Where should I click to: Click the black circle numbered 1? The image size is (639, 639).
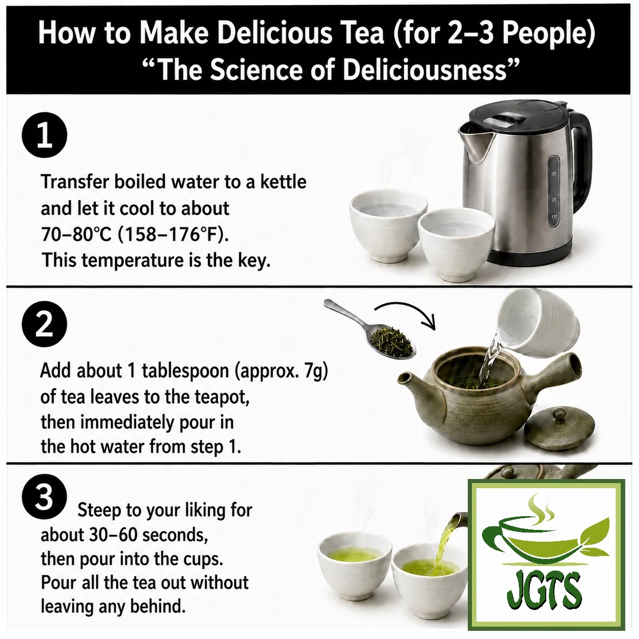[44, 136]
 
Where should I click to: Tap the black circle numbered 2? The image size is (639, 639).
[44, 324]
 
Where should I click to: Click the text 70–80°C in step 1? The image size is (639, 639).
[76, 235]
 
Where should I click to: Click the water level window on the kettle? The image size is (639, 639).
[553, 192]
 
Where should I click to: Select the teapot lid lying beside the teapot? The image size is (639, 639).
[560, 431]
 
